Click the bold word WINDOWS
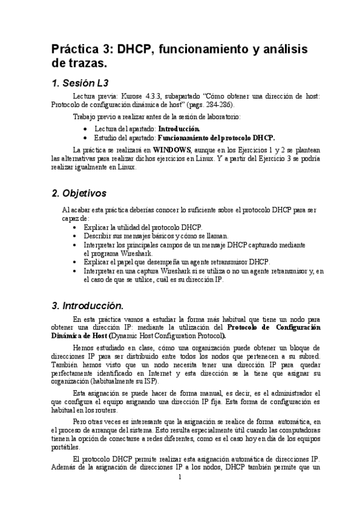pyautogui.click(x=172, y=149)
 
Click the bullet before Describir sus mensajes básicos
pyautogui.click(x=74, y=236)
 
